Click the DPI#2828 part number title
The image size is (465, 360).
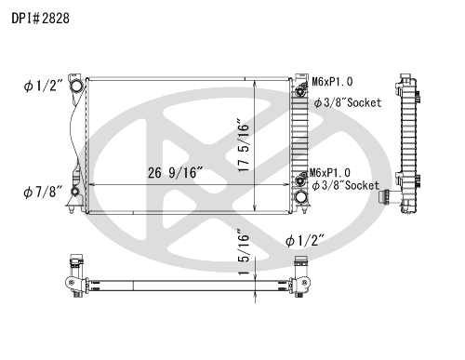click(41, 19)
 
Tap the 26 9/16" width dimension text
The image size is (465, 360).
click(175, 173)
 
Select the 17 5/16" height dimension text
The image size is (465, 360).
click(244, 145)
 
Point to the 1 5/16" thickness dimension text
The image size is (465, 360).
click(244, 252)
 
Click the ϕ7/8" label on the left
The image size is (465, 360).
click(43, 193)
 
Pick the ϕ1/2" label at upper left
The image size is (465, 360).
click(44, 86)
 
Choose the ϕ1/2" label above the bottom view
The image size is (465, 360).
click(305, 241)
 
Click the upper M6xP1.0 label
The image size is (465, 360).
click(332, 82)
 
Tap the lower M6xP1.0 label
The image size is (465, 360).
click(330, 173)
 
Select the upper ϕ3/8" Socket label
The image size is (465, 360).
click(348, 102)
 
